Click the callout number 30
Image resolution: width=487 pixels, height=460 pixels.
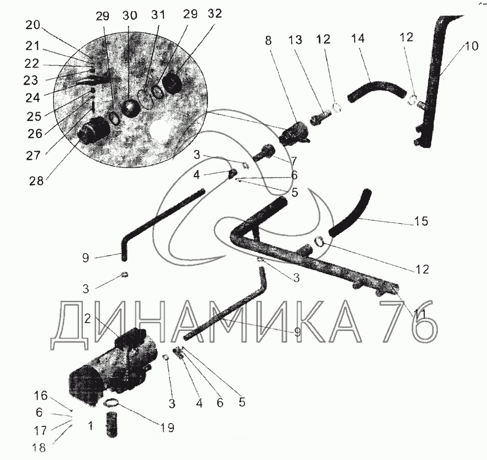coord(130,15)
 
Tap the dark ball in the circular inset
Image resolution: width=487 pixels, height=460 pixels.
coord(130,108)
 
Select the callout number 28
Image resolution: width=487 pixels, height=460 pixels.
coord(37,180)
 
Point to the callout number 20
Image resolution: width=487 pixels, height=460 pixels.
coord(33,25)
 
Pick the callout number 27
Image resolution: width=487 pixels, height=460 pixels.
coord(33,155)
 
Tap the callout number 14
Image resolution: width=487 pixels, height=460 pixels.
coord(358,39)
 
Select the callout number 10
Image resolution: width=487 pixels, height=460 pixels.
coord(471,46)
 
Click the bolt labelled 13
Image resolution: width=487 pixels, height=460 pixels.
coord(319,119)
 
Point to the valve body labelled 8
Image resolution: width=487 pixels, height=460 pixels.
coord(294,133)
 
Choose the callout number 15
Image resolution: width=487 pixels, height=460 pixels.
coord(421,221)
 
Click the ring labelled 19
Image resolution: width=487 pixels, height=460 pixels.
coord(111,403)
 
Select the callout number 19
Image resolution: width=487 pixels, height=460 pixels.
coord(167,428)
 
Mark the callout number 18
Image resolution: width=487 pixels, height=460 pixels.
coord(38,448)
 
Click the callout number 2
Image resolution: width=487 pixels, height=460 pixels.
coord(87,318)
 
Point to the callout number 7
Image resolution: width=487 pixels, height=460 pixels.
coord(294,161)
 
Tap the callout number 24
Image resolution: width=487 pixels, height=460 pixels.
coord(33,98)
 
